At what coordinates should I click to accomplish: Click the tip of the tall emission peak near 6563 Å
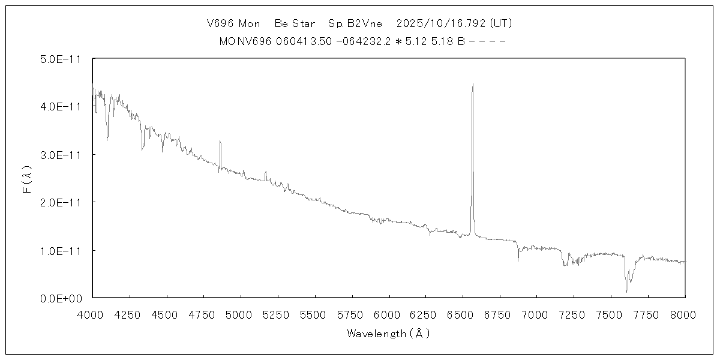(x=473, y=84)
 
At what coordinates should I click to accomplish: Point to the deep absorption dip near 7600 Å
(x=626, y=292)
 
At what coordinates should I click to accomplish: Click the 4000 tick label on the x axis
(x=92, y=314)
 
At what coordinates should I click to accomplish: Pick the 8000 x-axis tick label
(x=685, y=314)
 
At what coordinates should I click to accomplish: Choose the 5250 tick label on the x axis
(x=277, y=314)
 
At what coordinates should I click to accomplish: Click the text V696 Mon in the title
(x=233, y=24)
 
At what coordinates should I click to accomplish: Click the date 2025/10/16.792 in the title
(x=441, y=24)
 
